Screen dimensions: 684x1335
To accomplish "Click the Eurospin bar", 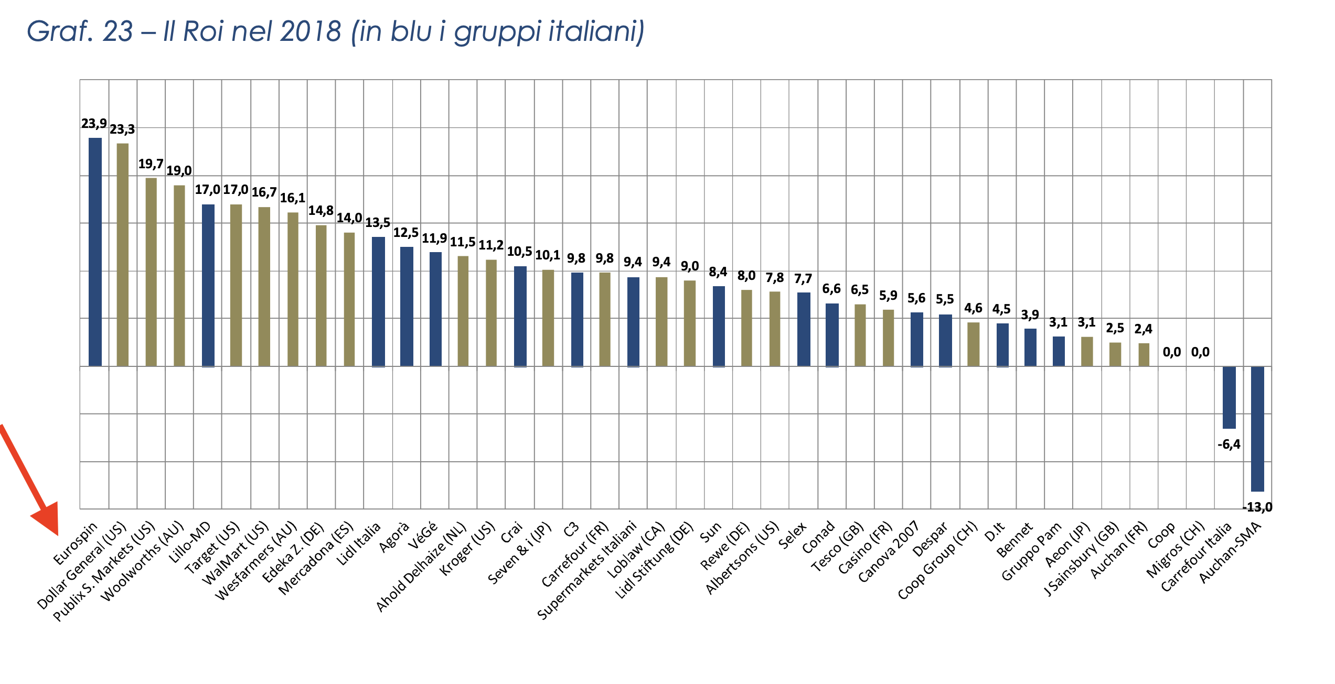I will pos(95,252).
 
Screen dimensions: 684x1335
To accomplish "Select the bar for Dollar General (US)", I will pos(123,255).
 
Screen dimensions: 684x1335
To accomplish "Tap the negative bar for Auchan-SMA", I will pos(1257,429).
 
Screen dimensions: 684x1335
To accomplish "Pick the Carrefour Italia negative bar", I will pos(1229,397).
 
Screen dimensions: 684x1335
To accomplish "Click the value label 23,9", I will pos(94,124).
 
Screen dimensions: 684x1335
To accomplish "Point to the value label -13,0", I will pos(1257,507).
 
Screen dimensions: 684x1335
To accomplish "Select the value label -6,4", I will pos(1229,444).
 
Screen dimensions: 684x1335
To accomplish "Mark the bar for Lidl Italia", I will pos(378,301).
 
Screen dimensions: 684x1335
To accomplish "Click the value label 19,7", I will pos(151,164).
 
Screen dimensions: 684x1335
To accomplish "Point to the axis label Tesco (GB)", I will pos(838,548).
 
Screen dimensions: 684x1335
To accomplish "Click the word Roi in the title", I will pos(203,31).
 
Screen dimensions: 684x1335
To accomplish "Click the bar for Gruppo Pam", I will pos(1059,351).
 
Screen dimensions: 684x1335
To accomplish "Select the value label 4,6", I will pos(973,308).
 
